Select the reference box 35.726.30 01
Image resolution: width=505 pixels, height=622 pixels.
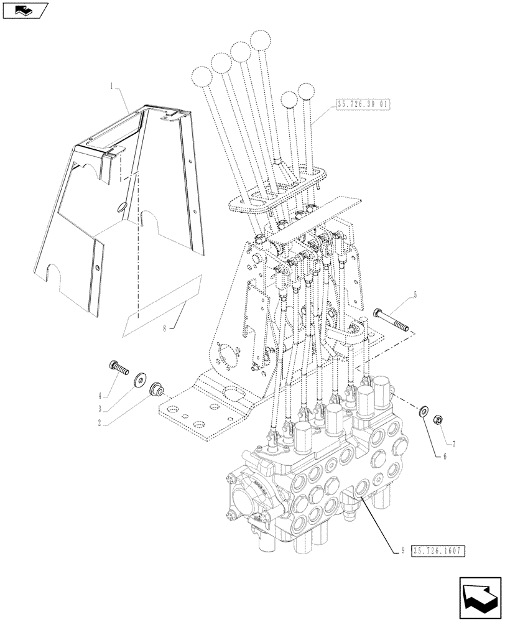[x=363, y=104]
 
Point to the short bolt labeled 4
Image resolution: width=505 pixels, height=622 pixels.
[x=118, y=367]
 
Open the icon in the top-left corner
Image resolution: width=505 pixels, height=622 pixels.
[x=25, y=11]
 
